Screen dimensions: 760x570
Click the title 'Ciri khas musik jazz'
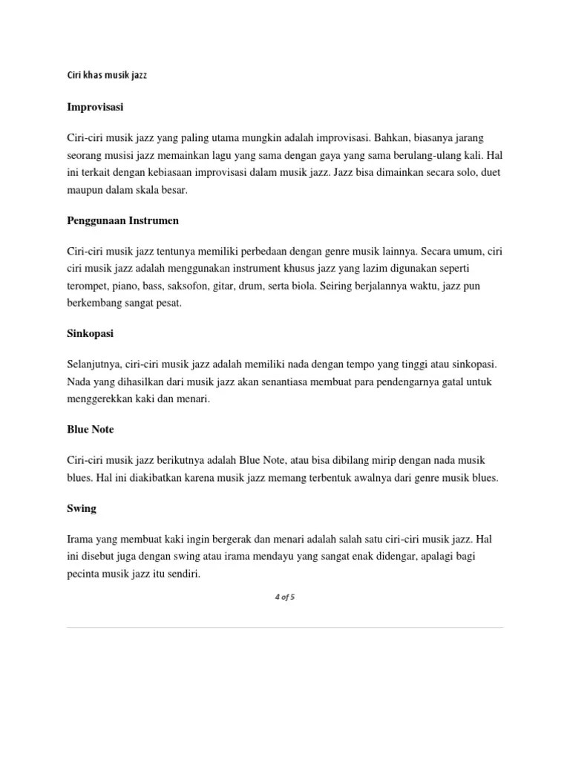click(108, 76)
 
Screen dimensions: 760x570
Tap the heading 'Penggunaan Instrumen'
click(122, 220)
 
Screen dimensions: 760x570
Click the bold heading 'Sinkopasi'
click(90, 334)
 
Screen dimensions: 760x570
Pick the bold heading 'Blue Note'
click(91, 429)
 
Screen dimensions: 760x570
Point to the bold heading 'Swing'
click(82, 508)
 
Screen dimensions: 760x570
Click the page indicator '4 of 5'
click(285, 597)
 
